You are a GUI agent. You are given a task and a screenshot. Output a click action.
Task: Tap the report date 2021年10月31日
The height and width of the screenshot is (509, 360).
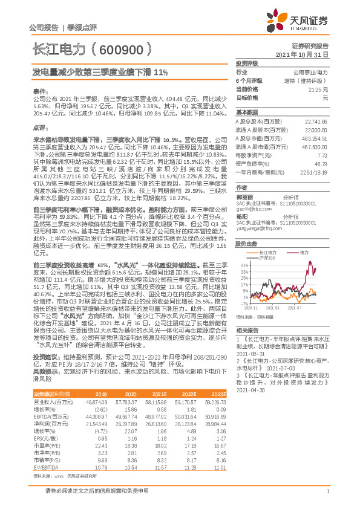pyautogui.click(x=302, y=54)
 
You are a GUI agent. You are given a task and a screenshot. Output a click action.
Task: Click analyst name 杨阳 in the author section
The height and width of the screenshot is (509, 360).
pyautogui.click(x=242, y=215)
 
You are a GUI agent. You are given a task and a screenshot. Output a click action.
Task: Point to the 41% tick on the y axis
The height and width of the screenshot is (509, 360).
pyautogui.click(x=245, y=248)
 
